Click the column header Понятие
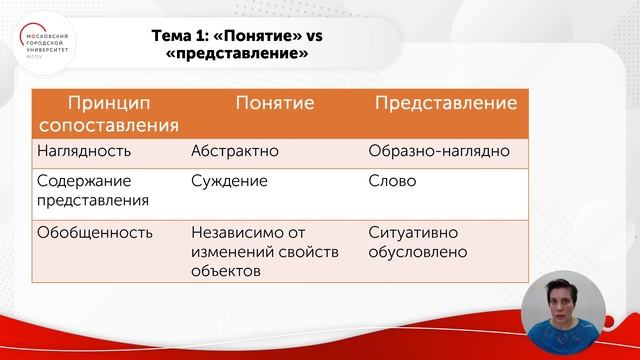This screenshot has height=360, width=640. (274, 103)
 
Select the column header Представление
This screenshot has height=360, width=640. (445, 103)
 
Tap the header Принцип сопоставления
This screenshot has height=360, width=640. (108, 114)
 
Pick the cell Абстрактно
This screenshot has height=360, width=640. (234, 152)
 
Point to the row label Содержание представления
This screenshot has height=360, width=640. (92, 191)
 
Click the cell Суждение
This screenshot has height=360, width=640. (229, 183)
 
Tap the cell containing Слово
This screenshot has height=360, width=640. (392, 183)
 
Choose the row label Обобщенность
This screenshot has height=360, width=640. (94, 233)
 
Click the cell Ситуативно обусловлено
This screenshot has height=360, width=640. (418, 242)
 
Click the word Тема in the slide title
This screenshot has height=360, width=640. (172, 36)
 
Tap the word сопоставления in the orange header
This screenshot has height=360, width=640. (108, 126)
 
